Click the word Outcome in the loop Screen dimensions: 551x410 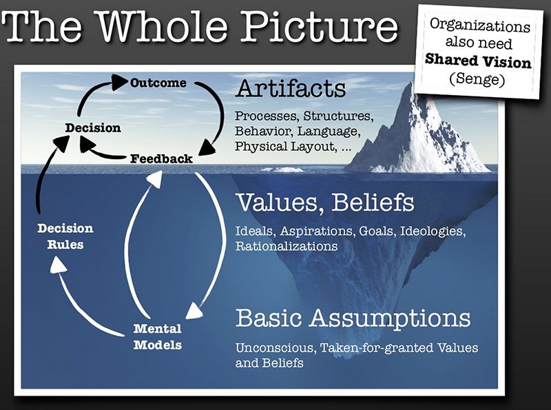[158, 83]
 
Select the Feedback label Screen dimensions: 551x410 [161, 159]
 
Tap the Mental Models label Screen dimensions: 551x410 [158, 337]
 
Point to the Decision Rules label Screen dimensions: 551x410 [65, 236]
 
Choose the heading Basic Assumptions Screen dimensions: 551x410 [353, 318]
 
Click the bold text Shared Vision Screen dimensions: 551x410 [478, 61]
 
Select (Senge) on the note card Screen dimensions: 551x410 [477, 79]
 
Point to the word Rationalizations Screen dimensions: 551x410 [287, 246]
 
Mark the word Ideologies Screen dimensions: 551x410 [433, 232]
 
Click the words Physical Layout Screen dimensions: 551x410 [284, 146]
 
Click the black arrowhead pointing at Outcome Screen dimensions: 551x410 [119, 82]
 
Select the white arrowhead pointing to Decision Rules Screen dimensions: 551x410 [59, 264]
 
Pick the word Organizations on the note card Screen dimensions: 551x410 [480, 25]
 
